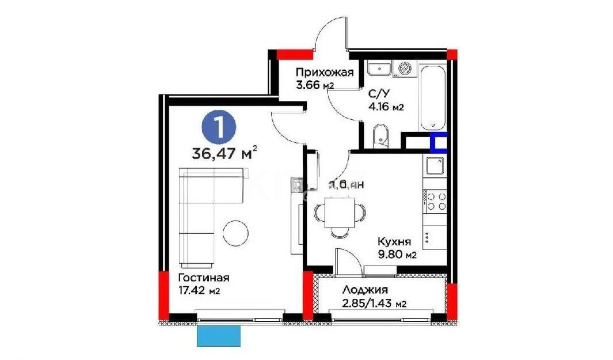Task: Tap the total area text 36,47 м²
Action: [225, 154]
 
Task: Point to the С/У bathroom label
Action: [378, 93]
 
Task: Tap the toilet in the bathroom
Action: [380, 136]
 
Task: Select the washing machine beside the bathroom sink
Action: [405, 68]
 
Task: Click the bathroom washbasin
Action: [379, 69]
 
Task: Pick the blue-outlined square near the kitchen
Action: [439, 142]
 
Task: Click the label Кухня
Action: [394, 242]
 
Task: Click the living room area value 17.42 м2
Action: [197, 290]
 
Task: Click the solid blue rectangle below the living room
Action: [218, 336]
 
